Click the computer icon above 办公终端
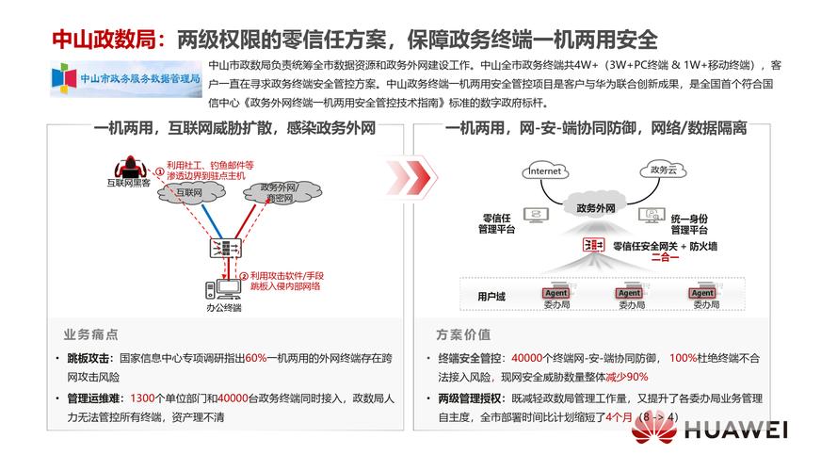pos(223,288)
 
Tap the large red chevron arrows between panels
pos(410,175)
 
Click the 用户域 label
pos(491,297)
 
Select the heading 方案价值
pos(462,334)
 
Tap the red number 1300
pos(142,398)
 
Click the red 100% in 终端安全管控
pos(682,358)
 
